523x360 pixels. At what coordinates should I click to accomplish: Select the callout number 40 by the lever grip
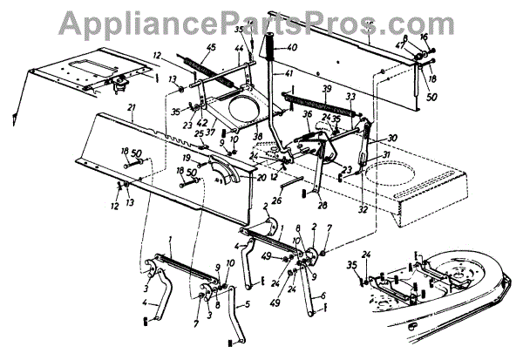(x=292, y=47)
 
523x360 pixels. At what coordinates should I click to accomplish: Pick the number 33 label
(x=350, y=96)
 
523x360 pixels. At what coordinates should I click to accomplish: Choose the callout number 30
(x=392, y=137)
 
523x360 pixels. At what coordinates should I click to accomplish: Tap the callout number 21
(x=132, y=108)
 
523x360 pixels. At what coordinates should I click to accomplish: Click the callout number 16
(x=425, y=38)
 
